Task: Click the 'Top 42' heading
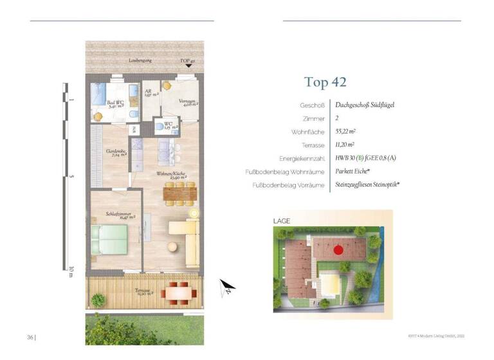coord(325,82)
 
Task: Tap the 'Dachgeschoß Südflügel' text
coord(365,104)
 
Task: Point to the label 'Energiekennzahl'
coord(302,158)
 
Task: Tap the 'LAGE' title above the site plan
coord(282,221)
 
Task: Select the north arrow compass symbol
coord(227,286)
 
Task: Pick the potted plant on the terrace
coord(98,300)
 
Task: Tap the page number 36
coord(30,336)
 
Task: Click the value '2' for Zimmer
coord(337,118)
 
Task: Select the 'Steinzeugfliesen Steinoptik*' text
coord(367,185)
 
